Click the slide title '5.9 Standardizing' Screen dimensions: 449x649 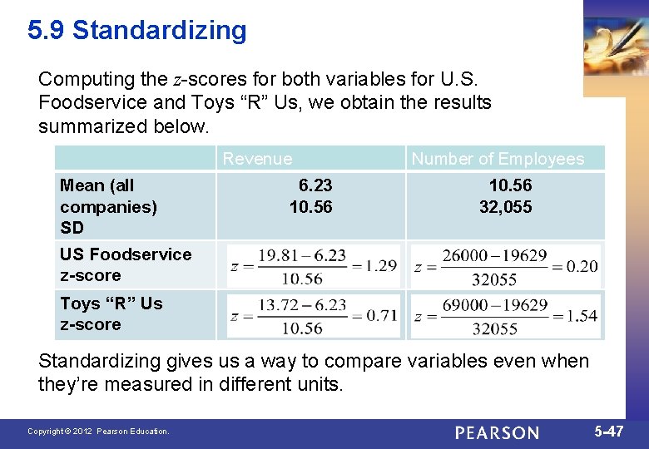tap(137, 31)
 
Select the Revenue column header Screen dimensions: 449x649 tap(258, 159)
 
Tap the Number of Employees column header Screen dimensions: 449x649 tap(498, 159)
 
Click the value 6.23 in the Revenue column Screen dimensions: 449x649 tap(315, 185)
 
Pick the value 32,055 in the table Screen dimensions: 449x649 tap(505, 207)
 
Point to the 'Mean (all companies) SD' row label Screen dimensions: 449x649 tap(108, 206)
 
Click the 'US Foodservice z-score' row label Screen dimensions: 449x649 tap(125, 264)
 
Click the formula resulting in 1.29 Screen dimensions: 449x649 tap(313, 266)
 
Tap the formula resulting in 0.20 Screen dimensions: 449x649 tap(506, 266)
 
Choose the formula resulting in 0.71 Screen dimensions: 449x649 tap(313, 316)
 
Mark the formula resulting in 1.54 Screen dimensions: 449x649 tap(506, 316)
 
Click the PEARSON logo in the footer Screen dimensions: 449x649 tap(497, 432)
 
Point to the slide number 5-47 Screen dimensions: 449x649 tap(608, 432)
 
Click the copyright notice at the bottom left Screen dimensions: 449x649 tap(98, 432)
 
